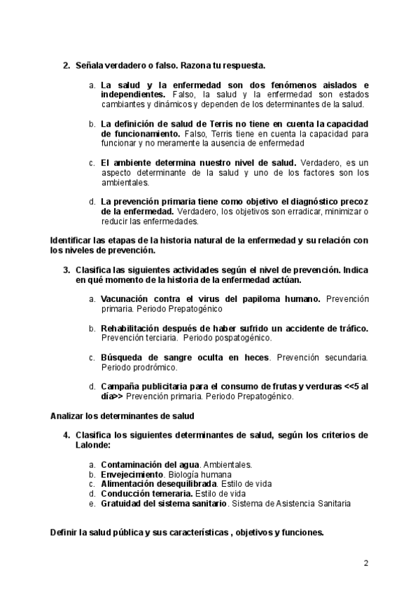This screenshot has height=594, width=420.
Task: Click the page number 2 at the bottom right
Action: click(365, 563)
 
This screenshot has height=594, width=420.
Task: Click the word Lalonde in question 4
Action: click(92, 445)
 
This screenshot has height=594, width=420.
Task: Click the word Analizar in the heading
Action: click(68, 415)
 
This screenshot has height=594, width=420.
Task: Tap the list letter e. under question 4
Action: click(92, 503)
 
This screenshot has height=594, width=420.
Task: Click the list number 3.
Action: click(66, 270)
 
